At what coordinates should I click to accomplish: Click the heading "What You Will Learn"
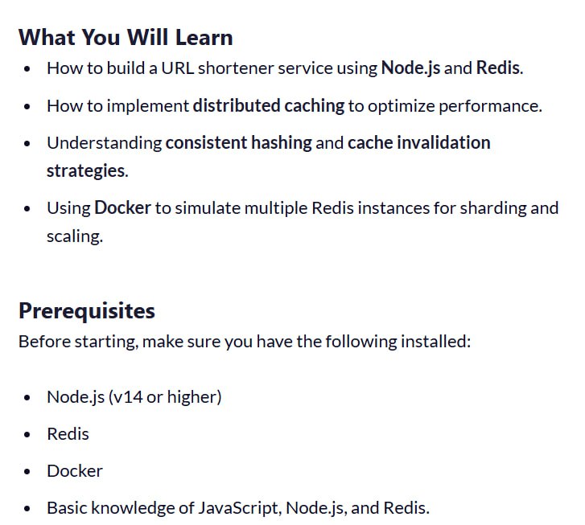pos(126,38)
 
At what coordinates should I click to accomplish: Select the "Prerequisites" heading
pos(87,311)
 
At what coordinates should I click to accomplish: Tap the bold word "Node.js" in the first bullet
pos(410,68)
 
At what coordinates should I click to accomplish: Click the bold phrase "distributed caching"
pos(269,106)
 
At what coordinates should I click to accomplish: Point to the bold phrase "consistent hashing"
pos(239,143)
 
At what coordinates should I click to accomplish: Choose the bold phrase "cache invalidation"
pos(419,143)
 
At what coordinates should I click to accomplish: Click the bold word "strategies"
pos(86,171)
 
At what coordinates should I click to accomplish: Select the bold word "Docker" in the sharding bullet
pos(123,207)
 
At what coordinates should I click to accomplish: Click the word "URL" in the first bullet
pos(178,68)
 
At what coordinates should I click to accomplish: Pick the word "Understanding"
pos(105,143)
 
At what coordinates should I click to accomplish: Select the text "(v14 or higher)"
pos(165,396)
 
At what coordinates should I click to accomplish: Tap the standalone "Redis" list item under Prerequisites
pos(68,434)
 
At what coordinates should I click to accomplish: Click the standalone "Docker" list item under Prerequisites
pos(75,471)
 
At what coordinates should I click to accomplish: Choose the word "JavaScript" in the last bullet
pos(238,508)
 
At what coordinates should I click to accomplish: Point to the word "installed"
pos(433,342)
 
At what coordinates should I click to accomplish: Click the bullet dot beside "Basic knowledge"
pos(27,509)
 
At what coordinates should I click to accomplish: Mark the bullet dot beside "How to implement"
pos(27,107)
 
